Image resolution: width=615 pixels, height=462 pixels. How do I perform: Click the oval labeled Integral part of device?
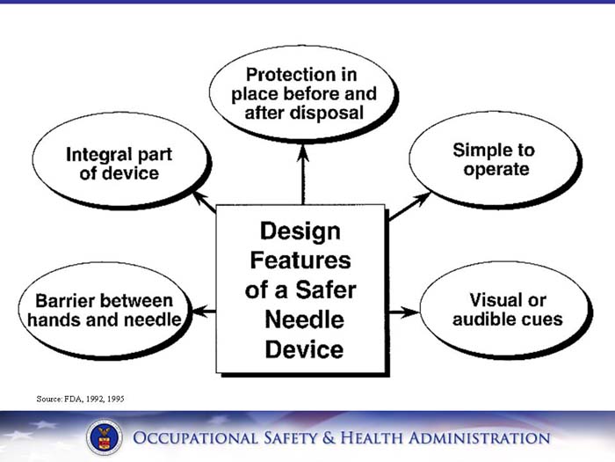coord(119,163)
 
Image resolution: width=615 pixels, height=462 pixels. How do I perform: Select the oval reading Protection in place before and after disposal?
coord(303,94)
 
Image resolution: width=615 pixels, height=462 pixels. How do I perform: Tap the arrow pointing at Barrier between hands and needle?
coord(204,311)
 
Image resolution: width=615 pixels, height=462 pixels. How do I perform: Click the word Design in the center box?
coord(300,231)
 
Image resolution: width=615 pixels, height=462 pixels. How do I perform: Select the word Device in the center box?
coord(304,348)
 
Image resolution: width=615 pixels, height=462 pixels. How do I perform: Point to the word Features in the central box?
coord(300,260)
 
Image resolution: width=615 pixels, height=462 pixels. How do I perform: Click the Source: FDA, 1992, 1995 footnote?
coord(80,399)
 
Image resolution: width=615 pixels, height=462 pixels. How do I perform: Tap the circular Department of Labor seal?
coord(105,437)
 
